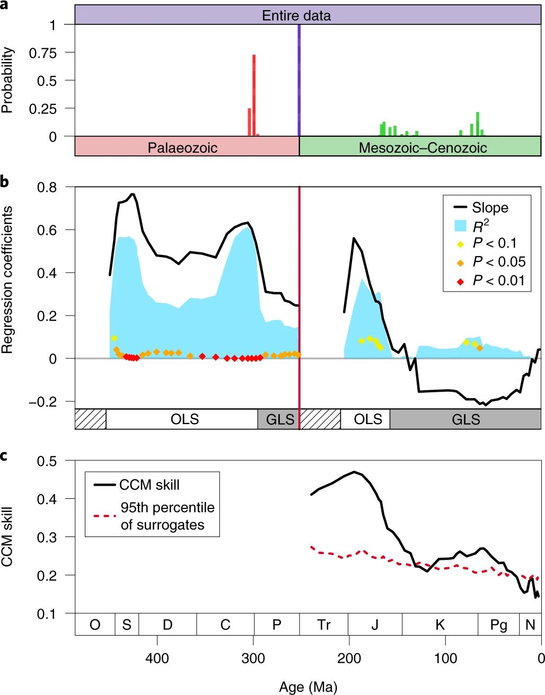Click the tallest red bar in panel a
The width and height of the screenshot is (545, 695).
tap(254, 95)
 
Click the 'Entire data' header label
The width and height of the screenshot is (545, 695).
tap(296, 15)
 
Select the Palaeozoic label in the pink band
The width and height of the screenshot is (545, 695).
tap(182, 147)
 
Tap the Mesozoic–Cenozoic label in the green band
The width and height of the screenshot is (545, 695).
tap(423, 147)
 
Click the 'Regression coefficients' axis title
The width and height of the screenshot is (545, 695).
tap(7, 280)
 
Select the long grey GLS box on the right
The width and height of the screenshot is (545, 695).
tap(465, 419)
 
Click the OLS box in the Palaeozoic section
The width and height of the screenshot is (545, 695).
tap(184, 419)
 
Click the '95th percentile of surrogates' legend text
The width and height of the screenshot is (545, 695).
tap(167, 516)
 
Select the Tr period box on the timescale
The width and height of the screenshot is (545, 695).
tap(323, 624)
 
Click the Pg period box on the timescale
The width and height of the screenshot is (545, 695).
tap(498, 624)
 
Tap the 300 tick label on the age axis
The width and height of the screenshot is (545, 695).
tap(253, 658)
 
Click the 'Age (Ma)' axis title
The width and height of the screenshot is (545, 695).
tap(307, 688)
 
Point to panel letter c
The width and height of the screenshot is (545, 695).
tap(4, 455)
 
